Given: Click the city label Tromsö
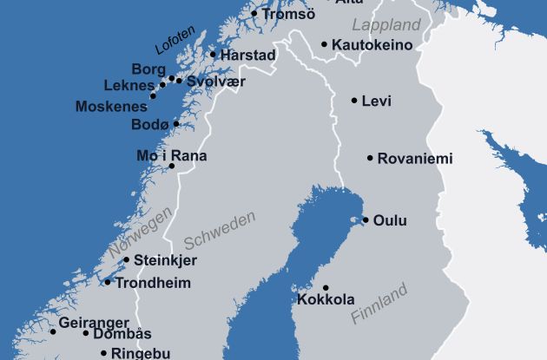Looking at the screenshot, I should (288, 14).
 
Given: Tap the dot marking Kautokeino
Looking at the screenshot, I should (324, 44).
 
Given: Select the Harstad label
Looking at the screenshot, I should (248, 56).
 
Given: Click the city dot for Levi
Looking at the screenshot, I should (354, 101).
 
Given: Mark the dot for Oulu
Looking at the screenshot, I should (366, 220).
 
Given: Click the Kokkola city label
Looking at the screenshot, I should (326, 300).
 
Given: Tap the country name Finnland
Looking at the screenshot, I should (379, 304).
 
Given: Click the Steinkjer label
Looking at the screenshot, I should (165, 260).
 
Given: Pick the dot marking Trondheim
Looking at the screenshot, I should (108, 282).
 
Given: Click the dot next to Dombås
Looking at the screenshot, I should (86, 333).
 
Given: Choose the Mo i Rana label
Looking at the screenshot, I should (172, 155).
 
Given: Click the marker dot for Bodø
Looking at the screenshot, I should (176, 124).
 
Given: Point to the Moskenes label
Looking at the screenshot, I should (111, 108).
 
